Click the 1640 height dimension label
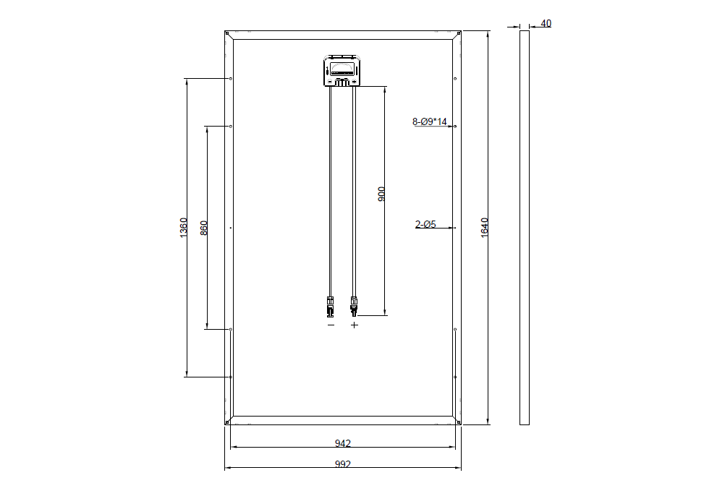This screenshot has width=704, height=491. point(485,228)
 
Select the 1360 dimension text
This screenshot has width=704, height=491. point(184,228)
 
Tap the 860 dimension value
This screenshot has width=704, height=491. point(204,228)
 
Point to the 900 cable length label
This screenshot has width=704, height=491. point(381,194)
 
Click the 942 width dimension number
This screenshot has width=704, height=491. point(342,443)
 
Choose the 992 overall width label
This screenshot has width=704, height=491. point(342,464)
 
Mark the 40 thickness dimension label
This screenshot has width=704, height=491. point(546,23)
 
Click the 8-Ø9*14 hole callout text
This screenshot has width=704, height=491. point(430,121)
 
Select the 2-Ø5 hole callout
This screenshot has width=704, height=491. point(425,224)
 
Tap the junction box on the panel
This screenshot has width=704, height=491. point(342,70)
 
